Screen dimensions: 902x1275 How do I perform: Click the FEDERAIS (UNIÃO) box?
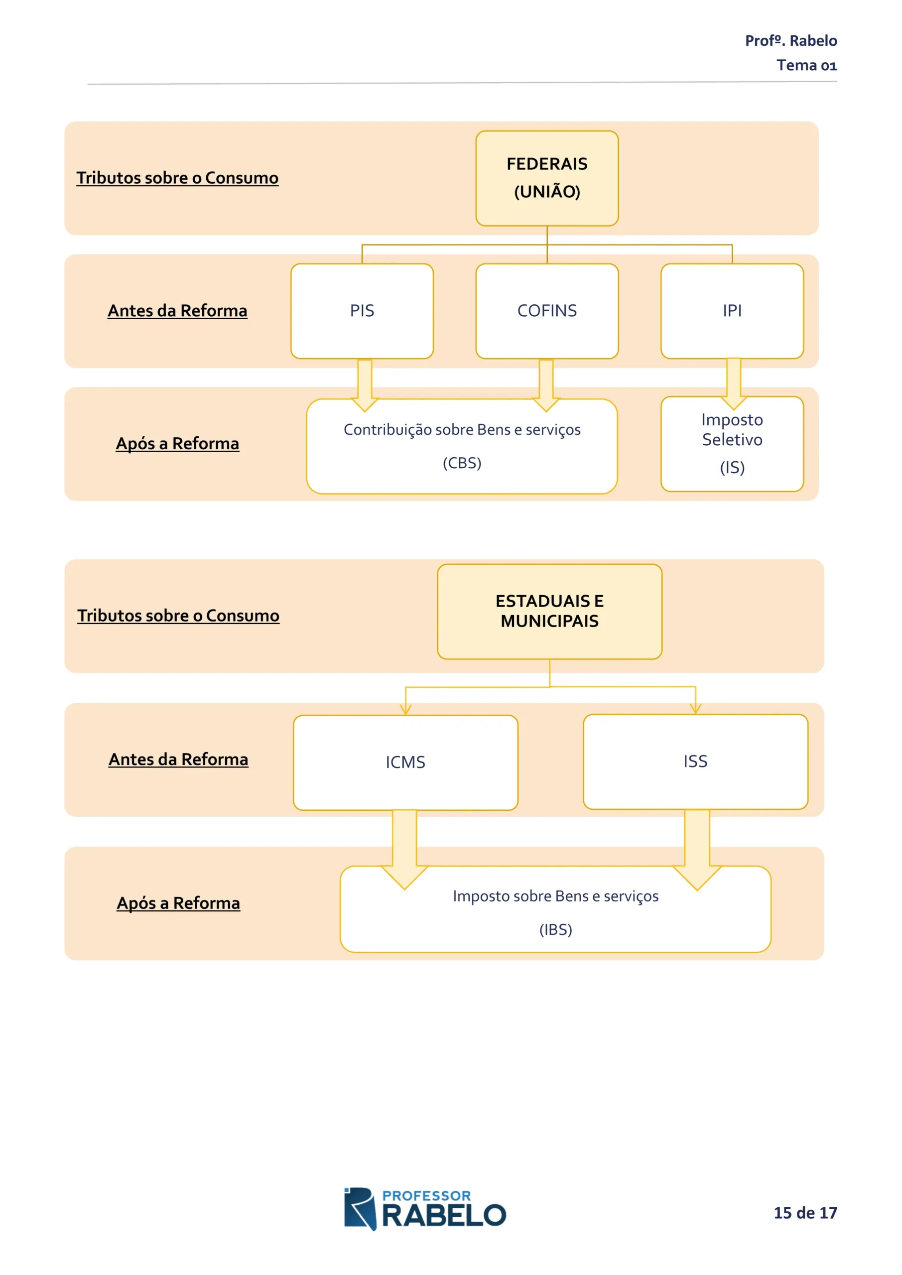click(546, 178)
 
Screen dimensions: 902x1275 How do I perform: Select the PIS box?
click(362, 311)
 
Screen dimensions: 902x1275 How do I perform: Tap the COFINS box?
click(546, 311)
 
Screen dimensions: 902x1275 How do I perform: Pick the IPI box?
click(732, 311)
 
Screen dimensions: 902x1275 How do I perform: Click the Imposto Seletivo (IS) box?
click(732, 444)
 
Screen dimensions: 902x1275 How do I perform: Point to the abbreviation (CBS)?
click(462, 463)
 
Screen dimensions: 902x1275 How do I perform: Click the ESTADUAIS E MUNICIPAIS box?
click(549, 612)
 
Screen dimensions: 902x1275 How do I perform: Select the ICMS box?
click(405, 763)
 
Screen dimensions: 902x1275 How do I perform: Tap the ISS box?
click(695, 762)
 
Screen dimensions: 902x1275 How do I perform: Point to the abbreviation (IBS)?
click(555, 929)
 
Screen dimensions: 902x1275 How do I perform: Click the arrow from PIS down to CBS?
click(365, 385)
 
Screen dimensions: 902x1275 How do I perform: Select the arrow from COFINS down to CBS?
click(546, 385)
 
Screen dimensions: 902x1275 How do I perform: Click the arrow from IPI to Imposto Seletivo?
click(734, 383)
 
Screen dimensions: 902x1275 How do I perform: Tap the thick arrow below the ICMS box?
click(405, 850)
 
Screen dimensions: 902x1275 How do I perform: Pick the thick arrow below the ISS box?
click(697, 850)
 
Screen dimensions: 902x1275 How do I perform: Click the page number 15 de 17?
click(805, 1212)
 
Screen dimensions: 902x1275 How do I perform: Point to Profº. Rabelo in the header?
click(791, 40)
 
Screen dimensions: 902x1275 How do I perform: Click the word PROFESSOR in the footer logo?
click(426, 1196)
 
